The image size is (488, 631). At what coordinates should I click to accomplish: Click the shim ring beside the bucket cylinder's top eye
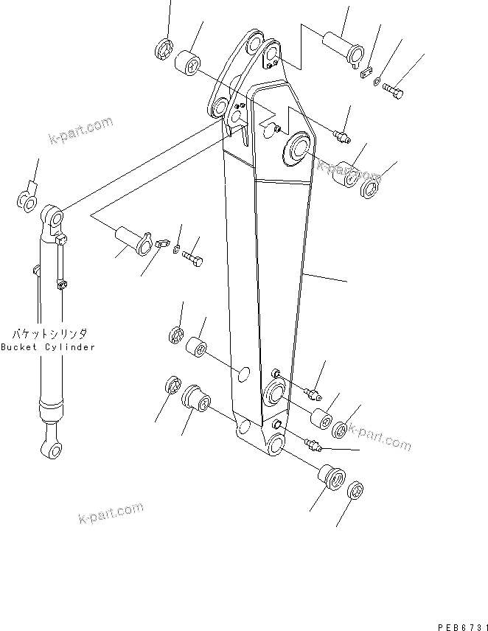(x=27, y=200)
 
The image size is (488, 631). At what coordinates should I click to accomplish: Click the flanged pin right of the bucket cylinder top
(x=132, y=240)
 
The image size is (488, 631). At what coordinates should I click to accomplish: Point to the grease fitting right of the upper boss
(x=341, y=135)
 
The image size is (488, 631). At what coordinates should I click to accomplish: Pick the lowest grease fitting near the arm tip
(x=314, y=444)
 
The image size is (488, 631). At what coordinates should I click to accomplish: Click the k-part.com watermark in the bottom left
(x=111, y=512)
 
